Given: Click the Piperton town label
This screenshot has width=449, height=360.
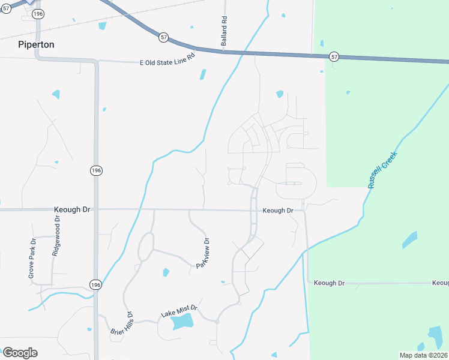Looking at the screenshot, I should pyautogui.click(x=36, y=45).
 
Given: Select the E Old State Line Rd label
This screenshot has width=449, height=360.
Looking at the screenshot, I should pyautogui.click(x=167, y=62).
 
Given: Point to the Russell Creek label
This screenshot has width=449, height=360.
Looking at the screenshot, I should pyautogui.click(x=382, y=170).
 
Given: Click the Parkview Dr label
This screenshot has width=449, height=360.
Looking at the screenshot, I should pyautogui.click(x=202, y=253).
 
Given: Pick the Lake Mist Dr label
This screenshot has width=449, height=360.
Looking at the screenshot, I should pyautogui.click(x=179, y=311).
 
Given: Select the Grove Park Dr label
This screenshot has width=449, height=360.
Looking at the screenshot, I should pyautogui.click(x=32, y=259).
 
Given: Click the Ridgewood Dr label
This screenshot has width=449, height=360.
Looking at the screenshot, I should pyautogui.click(x=56, y=236).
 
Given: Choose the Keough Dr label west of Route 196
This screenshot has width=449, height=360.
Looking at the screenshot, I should pyautogui.click(x=71, y=209).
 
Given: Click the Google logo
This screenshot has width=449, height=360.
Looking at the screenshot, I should pyautogui.click(x=20, y=353).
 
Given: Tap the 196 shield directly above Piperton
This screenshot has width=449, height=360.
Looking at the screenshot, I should pyautogui.click(x=38, y=13).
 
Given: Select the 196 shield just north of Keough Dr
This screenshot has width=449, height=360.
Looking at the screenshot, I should pyautogui.click(x=96, y=171).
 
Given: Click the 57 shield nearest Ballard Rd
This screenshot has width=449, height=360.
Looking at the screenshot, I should pyautogui.click(x=163, y=37).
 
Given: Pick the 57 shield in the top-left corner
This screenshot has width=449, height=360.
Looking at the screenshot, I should pyautogui.click(x=6, y=8).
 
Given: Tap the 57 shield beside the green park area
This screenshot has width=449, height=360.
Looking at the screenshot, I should pyautogui.click(x=334, y=56).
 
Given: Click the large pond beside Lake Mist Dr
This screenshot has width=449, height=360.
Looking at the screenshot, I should pyautogui.click(x=182, y=323).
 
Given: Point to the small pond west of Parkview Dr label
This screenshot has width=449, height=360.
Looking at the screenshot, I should pyautogui.click(x=166, y=272).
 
